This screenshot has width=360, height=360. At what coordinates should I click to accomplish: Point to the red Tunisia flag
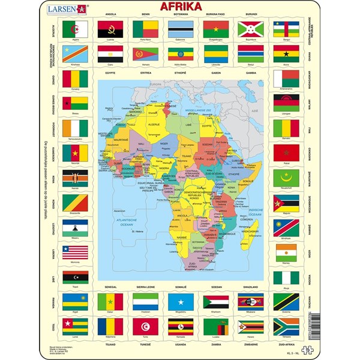(x=145, y=326)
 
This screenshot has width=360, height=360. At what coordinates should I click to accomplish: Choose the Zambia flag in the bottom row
(x=215, y=326)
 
